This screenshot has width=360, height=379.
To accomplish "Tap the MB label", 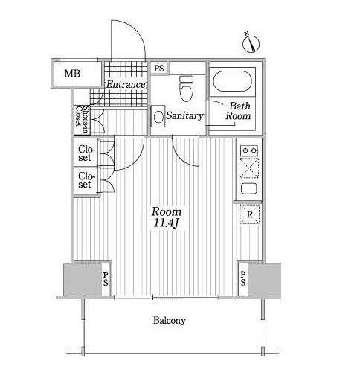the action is (x=72, y=74).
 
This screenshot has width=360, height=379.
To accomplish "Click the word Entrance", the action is (x=125, y=85).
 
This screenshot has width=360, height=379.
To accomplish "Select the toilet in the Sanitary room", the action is (x=186, y=89).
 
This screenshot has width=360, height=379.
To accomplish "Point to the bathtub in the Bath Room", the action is (x=233, y=81).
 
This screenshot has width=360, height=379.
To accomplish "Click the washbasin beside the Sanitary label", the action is (x=158, y=117).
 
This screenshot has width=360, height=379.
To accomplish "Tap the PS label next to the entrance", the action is (x=159, y=68).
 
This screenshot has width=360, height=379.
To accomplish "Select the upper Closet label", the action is (x=86, y=153).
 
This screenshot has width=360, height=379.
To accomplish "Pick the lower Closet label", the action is (x=86, y=180).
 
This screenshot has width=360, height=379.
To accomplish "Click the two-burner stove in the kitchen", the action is (x=249, y=150).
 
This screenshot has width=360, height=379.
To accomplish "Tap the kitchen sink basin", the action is (x=249, y=189).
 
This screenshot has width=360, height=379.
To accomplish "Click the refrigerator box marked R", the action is (x=250, y=214).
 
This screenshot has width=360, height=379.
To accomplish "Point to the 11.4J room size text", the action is (x=167, y=223).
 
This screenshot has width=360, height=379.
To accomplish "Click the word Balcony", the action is (x=170, y=320).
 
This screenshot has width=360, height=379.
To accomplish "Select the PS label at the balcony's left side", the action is (x=106, y=278).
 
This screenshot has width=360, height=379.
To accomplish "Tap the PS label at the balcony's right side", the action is (x=243, y=278).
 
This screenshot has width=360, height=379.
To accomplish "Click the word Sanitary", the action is (x=184, y=116).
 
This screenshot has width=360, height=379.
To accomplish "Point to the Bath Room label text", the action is (x=238, y=111).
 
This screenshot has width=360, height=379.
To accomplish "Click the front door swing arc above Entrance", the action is (x=135, y=29).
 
